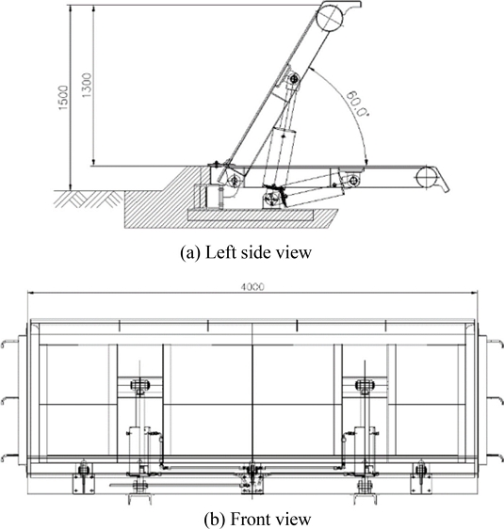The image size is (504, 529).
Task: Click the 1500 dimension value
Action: (x=63, y=98)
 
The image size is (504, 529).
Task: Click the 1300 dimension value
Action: (x=87, y=85)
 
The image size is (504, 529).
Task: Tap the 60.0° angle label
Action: (x=357, y=104)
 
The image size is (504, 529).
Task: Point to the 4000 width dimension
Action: (x=252, y=287)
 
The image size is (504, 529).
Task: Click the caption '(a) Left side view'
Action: (x=246, y=252)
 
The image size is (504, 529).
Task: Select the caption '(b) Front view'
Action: (x=257, y=520)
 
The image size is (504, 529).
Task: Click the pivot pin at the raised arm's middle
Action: (x=294, y=79)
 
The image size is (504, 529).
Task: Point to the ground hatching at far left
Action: (x=89, y=199)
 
